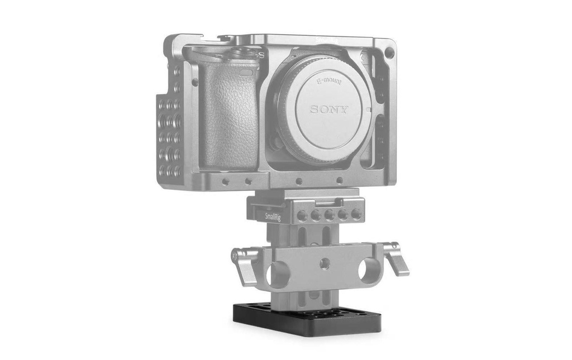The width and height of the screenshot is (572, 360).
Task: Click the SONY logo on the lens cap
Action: (x=329, y=109)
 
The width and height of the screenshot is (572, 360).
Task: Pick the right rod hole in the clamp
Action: (x=365, y=272)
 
